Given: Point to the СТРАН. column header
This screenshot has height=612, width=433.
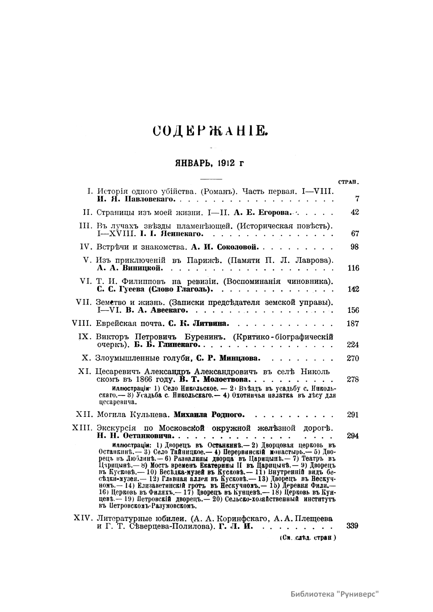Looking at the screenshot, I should pyautogui.click(x=350, y=182).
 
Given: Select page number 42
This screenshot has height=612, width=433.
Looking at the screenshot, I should pyautogui.click(x=355, y=212).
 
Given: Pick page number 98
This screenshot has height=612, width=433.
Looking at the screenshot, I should pyautogui.click(x=355, y=247).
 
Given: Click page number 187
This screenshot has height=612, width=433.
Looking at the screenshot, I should pyautogui.click(x=353, y=323).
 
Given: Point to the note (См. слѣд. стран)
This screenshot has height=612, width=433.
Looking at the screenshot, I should pyautogui.click(x=308, y=538).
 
